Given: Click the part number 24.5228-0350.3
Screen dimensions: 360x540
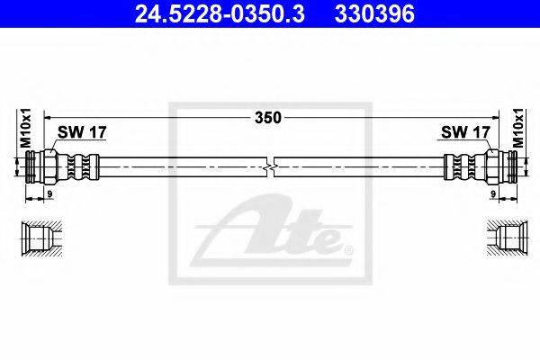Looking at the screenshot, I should tap(208, 13).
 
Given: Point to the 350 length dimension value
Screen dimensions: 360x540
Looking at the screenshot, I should tap(268, 117).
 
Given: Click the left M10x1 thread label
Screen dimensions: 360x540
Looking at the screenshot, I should tap(25, 130).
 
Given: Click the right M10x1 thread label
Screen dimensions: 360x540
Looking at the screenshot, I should tap(517, 130).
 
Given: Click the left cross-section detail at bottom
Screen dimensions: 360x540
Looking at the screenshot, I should tap(40, 238).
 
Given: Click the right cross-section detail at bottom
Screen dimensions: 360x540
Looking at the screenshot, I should tap(501, 238).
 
